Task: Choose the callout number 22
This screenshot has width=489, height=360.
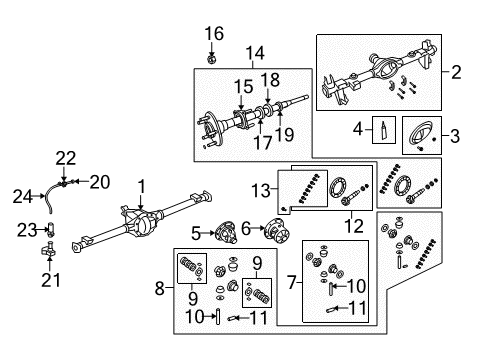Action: [66, 157]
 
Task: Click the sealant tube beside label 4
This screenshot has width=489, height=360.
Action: [381, 127]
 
